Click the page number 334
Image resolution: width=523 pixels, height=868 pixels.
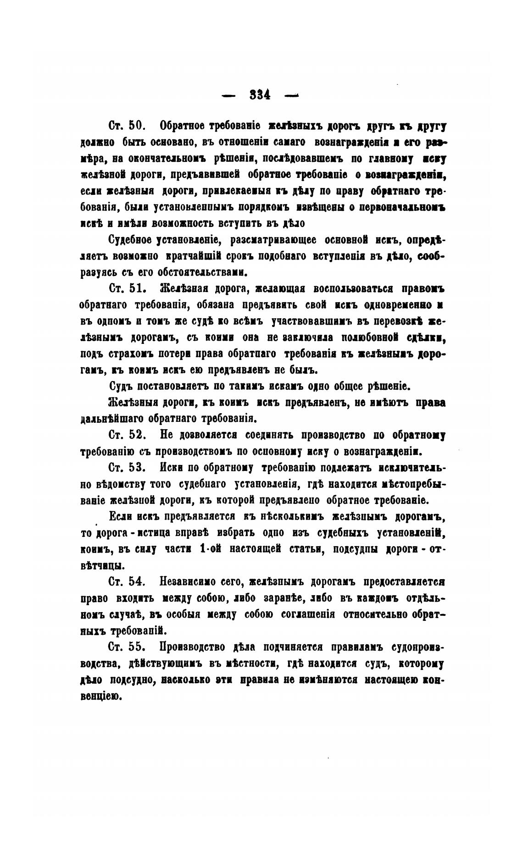(260, 94)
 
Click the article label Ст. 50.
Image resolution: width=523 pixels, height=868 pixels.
(127, 126)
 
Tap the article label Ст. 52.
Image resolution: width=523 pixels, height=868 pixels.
(127, 434)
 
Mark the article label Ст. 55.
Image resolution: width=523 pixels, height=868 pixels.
(127, 647)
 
